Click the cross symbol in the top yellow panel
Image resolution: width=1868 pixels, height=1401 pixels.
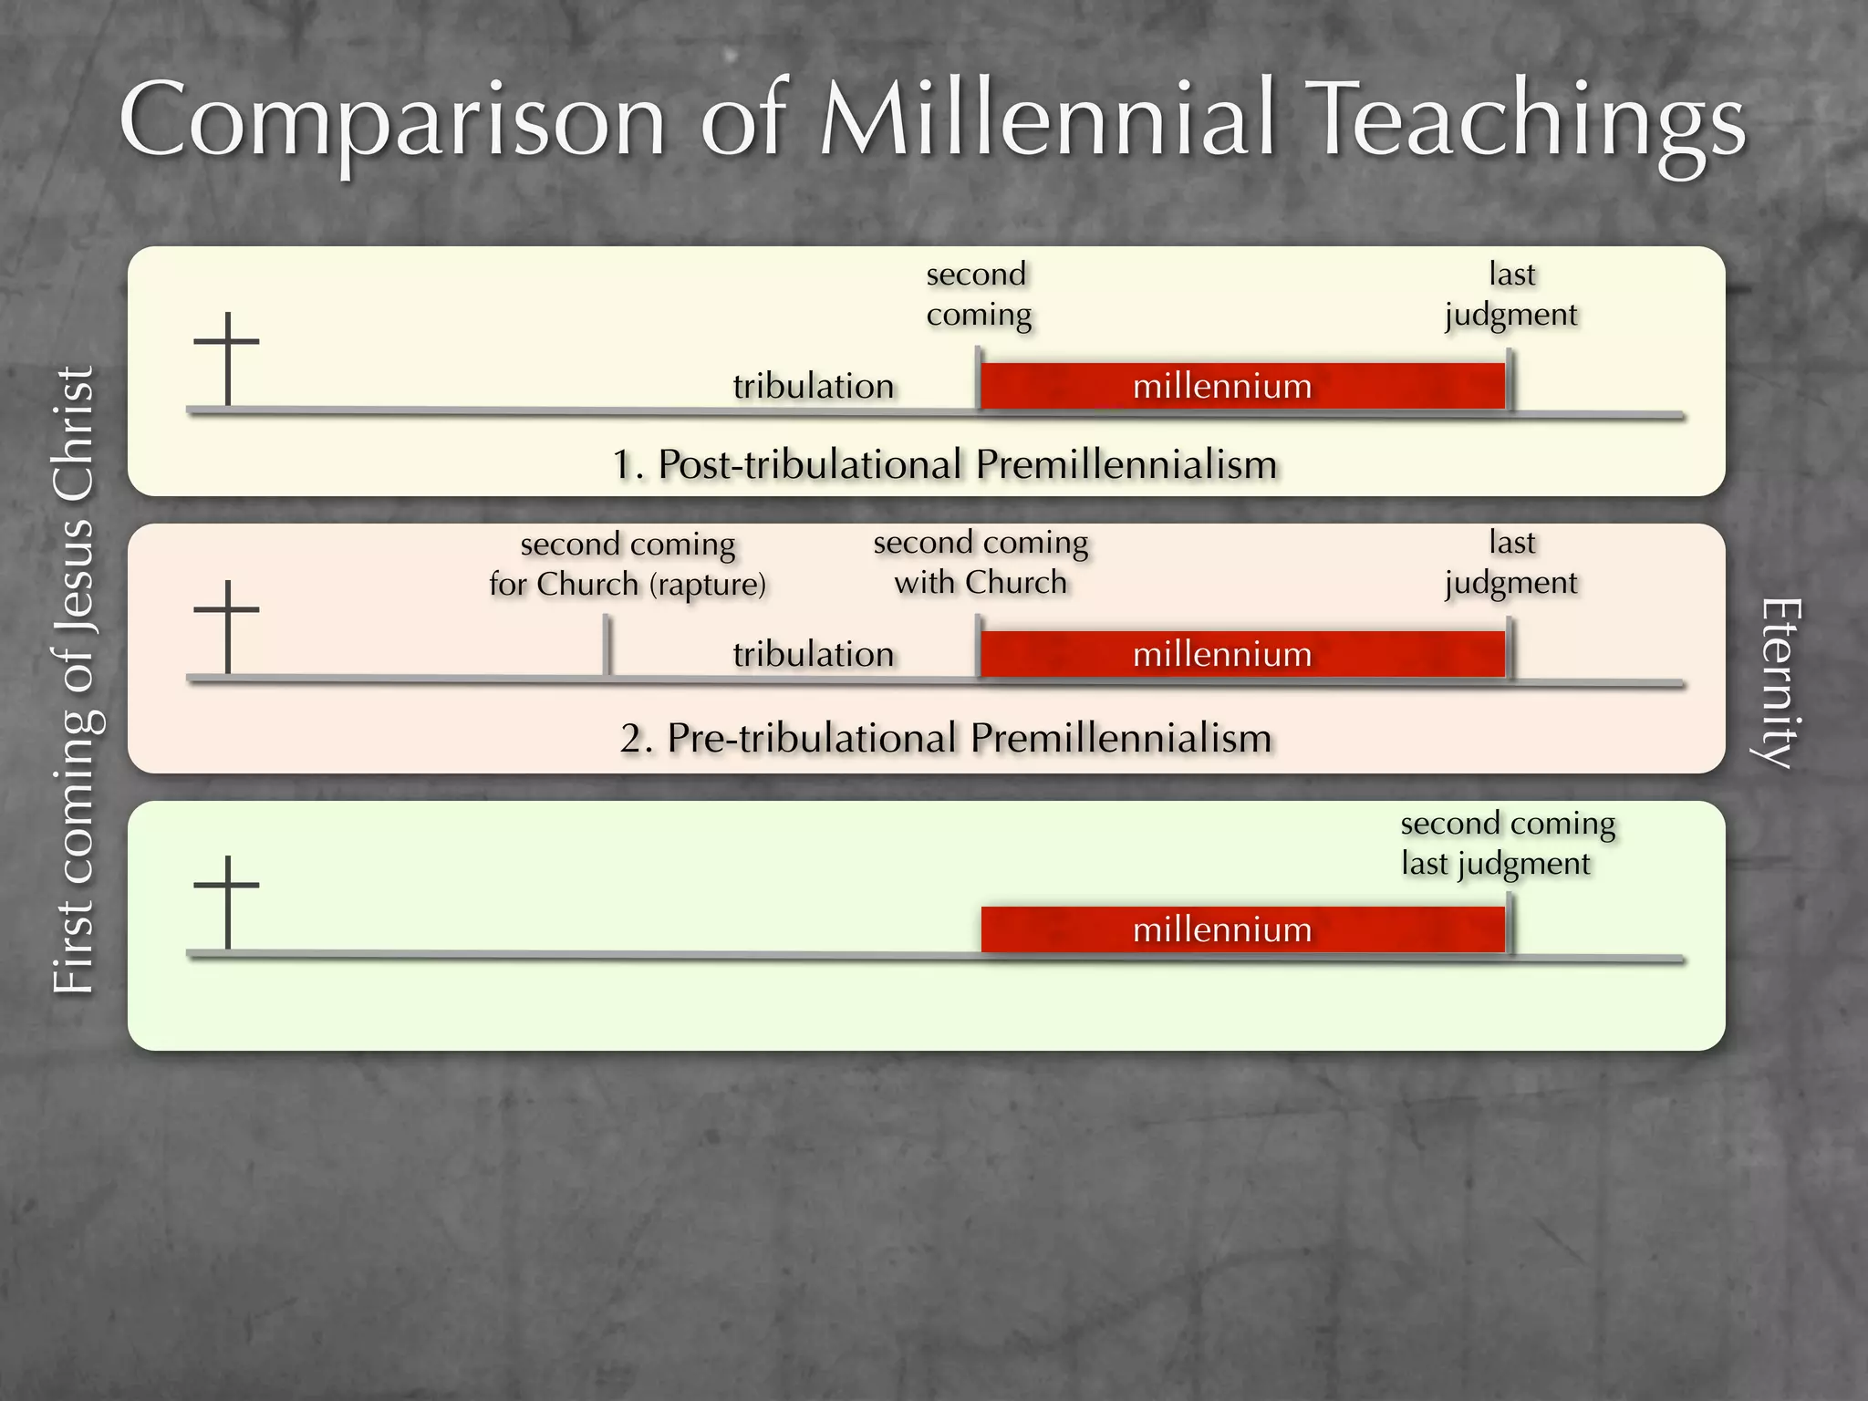click(x=227, y=358)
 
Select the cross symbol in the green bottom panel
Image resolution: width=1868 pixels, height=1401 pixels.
click(x=227, y=901)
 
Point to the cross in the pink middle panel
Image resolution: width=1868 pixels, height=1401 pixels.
click(x=227, y=626)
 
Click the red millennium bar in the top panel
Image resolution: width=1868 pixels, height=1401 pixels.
click(x=1242, y=386)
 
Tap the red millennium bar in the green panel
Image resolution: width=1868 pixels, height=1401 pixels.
click(x=1242, y=929)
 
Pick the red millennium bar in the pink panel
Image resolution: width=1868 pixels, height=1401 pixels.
click(x=1242, y=654)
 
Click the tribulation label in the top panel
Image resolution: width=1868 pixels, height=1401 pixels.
click(x=813, y=386)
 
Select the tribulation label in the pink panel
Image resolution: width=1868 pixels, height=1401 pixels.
click(x=813, y=654)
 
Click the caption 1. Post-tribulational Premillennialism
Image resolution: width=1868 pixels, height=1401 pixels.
click(x=944, y=464)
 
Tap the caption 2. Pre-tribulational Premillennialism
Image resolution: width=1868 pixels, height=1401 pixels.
click(x=946, y=738)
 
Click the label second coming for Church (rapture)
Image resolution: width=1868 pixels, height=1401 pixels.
click(x=628, y=565)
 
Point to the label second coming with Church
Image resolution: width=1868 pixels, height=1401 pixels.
click(x=981, y=563)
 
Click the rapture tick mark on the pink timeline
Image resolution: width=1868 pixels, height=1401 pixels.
click(x=607, y=646)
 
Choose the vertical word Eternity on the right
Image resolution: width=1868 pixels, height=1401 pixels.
click(x=1778, y=684)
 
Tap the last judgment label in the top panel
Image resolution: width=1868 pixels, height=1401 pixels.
click(x=1511, y=295)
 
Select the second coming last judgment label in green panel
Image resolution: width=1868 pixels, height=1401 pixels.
click(x=1506, y=844)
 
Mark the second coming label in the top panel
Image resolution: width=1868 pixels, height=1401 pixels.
click(x=978, y=295)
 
